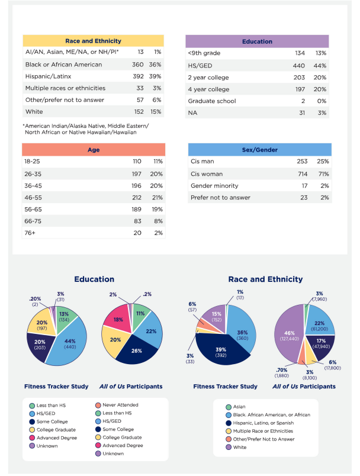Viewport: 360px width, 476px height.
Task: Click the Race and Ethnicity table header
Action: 93,41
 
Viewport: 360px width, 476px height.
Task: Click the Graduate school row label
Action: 212,101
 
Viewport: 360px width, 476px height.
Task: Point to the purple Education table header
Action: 257,41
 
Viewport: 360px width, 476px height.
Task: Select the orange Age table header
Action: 93,150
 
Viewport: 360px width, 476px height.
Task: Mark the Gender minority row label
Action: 214,185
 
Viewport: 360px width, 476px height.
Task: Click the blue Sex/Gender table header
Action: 259,150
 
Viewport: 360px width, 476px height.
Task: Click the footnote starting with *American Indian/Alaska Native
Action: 86,129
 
